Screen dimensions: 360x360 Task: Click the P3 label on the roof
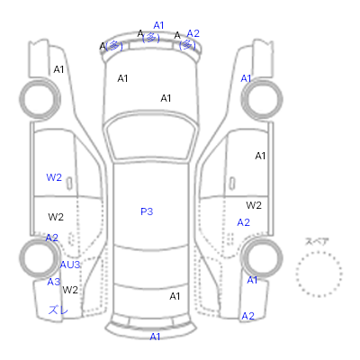[x=147, y=211]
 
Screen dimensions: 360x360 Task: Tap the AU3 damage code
[x=70, y=265]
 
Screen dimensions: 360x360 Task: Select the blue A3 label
[x=54, y=282]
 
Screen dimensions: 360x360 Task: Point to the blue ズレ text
[x=58, y=310]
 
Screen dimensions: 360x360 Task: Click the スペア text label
[x=317, y=241]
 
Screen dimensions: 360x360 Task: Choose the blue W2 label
[x=54, y=177]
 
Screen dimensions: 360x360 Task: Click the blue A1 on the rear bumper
[x=155, y=337]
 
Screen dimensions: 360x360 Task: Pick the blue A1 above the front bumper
[x=158, y=25]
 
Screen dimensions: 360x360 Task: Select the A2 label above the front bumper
[x=193, y=33]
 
